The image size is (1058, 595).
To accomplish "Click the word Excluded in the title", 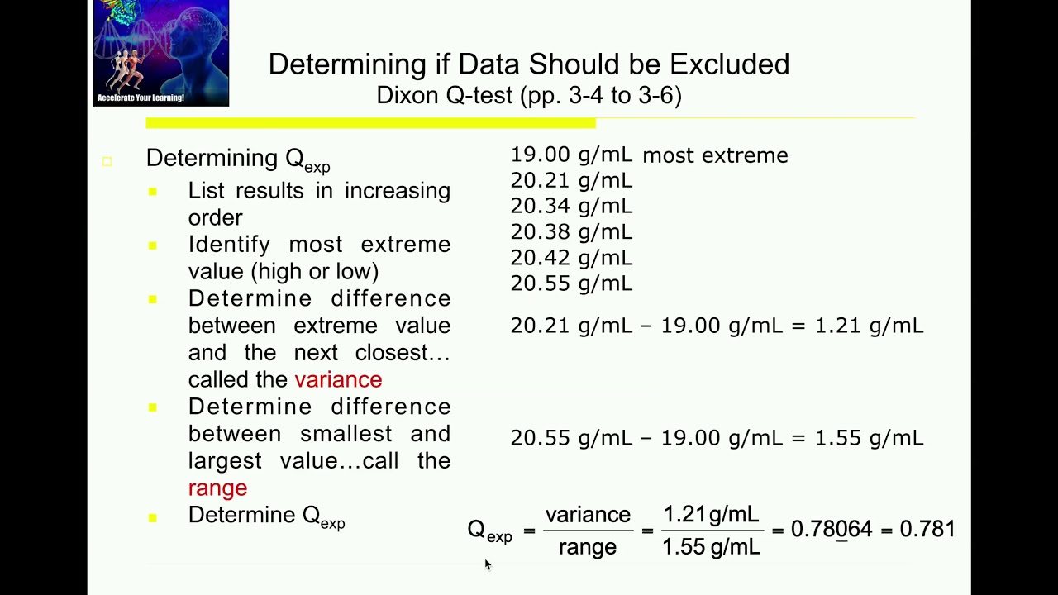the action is pyautogui.click(x=729, y=64).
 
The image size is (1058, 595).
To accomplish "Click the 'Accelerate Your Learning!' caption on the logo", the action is pyautogui.click(x=141, y=98).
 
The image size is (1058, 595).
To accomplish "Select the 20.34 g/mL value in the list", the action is pyautogui.click(x=571, y=207).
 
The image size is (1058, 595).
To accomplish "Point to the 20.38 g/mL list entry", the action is pyautogui.click(x=571, y=232).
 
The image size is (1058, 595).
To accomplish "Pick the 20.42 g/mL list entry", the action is pyautogui.click(x=571, y=258).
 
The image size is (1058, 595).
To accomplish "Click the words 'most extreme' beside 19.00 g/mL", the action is pyautogui.click(x=716, y=155).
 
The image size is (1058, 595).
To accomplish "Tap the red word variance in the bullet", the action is pyautogui.click(x=338, y=379).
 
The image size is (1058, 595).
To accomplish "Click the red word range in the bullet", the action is pyautogui.click(x=217, y=488).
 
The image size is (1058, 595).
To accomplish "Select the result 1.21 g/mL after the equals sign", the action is pyautogui.click(x=870, y=326).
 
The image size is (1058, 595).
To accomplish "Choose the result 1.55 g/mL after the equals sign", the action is pyautogui.click(x=870, y=439).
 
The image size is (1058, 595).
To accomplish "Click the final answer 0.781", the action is pyautogui.click(x=927, y=529).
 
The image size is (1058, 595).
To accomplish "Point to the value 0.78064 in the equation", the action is pyautogui.click(x=832, y=529).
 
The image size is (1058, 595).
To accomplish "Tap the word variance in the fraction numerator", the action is pyautogui.click(x=588, y=515).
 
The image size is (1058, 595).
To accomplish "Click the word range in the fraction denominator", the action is pyautogui.click(x=588, y=548).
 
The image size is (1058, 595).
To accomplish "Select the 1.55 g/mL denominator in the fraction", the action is pyautogui.click(x=712, y=547).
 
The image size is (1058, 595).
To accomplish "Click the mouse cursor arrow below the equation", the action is pyautogui.click(x=488, y=564).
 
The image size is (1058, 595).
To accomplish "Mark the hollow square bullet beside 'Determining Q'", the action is pyautogui.click(x=107, y=162).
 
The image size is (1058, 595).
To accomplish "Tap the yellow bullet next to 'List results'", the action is pyautogui.click(x=153, y=192).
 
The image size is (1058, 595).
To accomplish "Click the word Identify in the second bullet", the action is pyautogui.click(x=229, y=245).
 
